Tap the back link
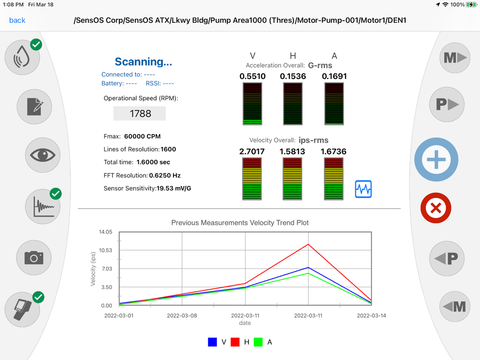click(x=17, y=20)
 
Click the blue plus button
click(x=436, y=160)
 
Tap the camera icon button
click(x=34, y=258)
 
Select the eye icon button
click(x=42, y=155)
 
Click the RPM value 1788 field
click(x=140, y=114)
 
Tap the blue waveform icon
click(x=363, y=189)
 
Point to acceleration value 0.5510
click(x=252, y=76)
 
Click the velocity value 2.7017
click(x=252, y=151)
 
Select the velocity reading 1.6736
click(x=333, y=151)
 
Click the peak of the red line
click(x=308, y=244)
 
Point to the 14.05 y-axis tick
click(x=106, y=232)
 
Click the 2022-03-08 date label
click(x=182, y=316)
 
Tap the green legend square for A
click(x=258, y=342)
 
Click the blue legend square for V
click(x=213, y=342)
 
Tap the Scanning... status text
click(x=143, y=62)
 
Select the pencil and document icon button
click(x=34, y=106)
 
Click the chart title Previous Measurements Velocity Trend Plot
click(x=240, y=222)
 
